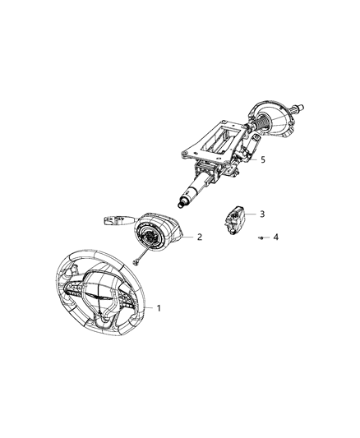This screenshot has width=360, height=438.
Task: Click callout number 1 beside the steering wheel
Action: (x=159, y=308)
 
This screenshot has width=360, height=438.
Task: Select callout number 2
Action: (x=200, y=237)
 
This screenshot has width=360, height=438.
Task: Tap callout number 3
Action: (x=262, y=214)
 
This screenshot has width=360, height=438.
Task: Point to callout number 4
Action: (x=275, y=237)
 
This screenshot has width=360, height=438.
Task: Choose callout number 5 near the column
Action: (x=262, y=159)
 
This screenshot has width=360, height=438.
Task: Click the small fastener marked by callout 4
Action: (x=261, y=237)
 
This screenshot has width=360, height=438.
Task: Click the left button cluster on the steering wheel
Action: (x=72, y=291)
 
